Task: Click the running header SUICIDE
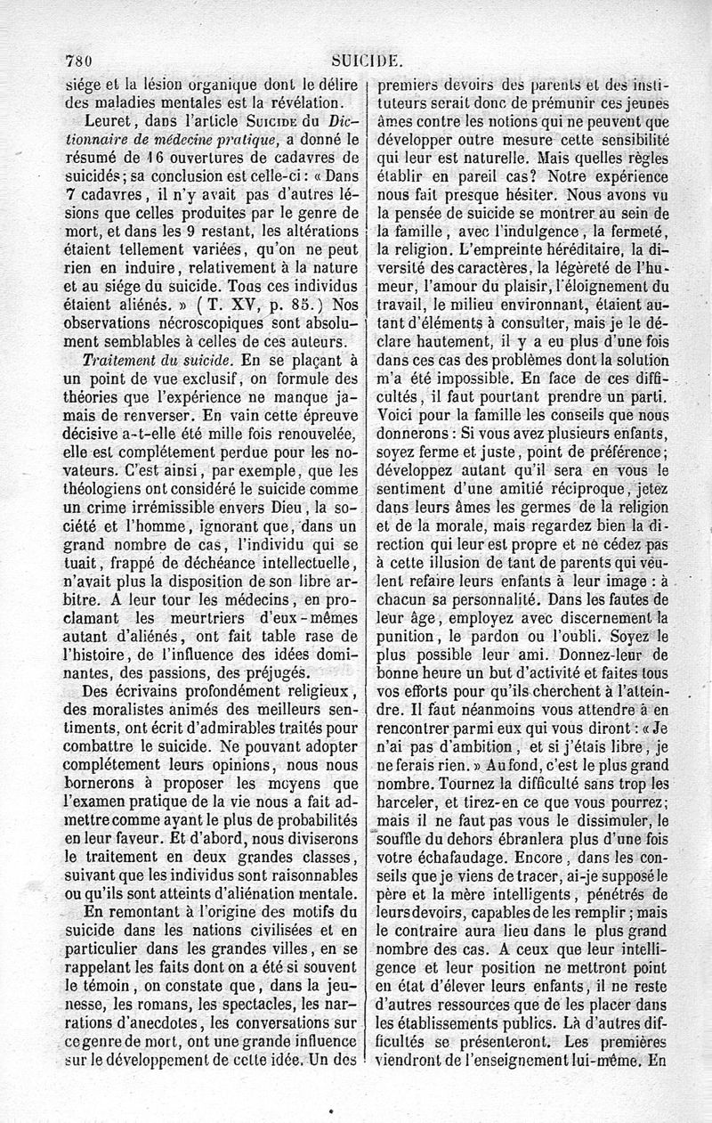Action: click(x=367, y=61)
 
